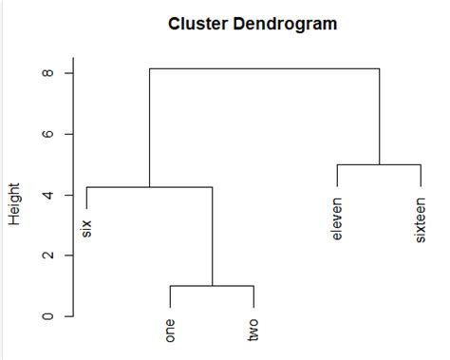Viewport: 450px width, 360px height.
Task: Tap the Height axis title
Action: (15, 205)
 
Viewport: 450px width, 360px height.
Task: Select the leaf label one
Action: (170, 329)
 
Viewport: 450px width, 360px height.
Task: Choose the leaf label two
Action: (253, 329)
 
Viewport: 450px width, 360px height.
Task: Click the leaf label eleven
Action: (337, 218)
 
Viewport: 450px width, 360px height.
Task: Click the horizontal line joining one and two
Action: (212, 285)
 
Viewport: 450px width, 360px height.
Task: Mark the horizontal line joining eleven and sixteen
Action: (379, 164)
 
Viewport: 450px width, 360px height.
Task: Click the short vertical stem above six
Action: (86, 197)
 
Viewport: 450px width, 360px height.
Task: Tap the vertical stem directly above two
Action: (253, 296)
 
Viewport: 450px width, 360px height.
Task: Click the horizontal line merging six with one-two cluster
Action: (149, 186)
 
